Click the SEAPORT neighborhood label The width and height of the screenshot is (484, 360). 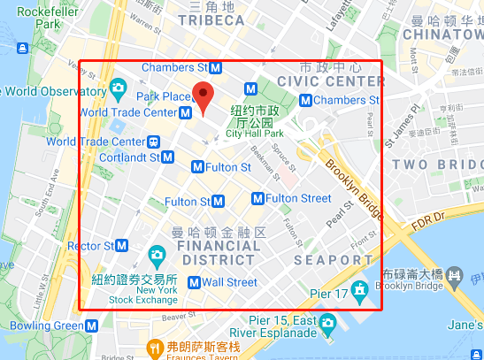point(327,260)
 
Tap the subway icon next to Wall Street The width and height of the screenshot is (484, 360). point(193,283)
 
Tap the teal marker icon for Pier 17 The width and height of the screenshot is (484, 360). point(359,290)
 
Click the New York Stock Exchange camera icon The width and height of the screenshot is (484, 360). point(157,257)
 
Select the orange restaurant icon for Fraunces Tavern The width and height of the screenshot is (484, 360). point(152,346)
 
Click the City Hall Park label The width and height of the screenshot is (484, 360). point(254,134)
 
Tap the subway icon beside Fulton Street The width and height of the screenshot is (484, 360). point(257,198)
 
